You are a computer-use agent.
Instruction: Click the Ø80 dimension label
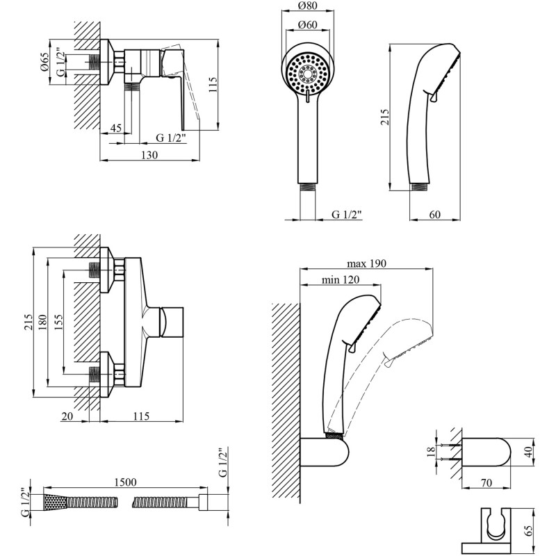(x=307, y=6)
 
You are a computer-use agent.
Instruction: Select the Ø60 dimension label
(x=307, y=25)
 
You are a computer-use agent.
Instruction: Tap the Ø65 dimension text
(x=44, y=62)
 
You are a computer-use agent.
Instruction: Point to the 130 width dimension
(x=149, y=155)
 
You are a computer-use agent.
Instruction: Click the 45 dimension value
(x=115, y=128)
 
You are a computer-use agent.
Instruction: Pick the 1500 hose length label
(x=125, y=482)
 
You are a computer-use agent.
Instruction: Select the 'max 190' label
(x=366, y=264)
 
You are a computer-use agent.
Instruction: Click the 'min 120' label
(x=341, y=280)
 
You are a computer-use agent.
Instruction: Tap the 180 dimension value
(x=42, y=322)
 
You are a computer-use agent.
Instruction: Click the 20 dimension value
(x=67, y=416)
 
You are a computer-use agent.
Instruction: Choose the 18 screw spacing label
(x=431, y=452)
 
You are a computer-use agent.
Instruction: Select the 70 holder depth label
(x=486, y=482)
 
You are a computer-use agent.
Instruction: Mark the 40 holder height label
(x=529, y=452)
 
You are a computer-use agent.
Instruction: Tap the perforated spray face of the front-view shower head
(x=307, y=74)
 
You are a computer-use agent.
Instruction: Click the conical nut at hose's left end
(x=55, y=502)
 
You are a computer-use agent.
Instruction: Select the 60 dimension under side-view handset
(x=435, y=215)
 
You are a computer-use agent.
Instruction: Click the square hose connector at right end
(x=203, y=502)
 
